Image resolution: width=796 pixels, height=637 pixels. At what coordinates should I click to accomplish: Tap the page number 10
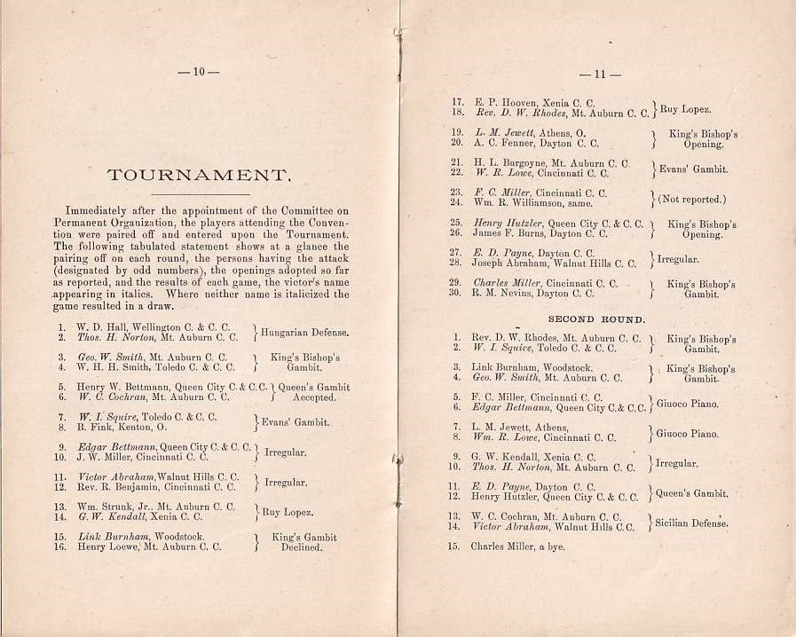point(199,71)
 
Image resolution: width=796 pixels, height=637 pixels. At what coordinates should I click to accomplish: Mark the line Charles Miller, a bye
point(517,547)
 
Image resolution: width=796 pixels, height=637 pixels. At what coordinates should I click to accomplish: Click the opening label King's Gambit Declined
point(303,542)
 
